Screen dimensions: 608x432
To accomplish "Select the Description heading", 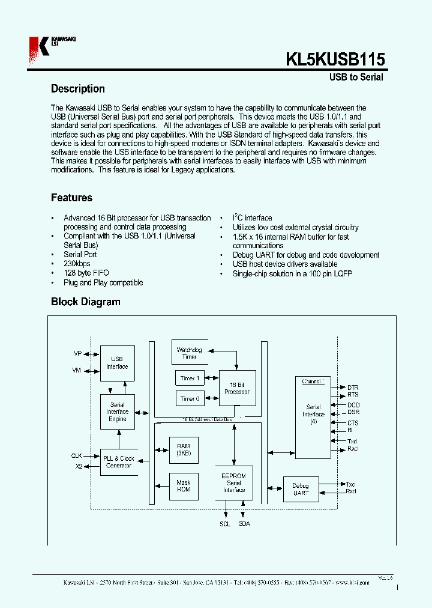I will (x=77, y=89).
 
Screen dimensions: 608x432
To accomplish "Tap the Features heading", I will (x=71, y=198).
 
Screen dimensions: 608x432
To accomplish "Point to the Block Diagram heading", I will (x=85, y=302).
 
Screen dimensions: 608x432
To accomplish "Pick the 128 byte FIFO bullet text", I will (x=86, y=273).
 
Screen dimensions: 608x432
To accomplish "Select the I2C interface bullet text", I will (x=252, y=218).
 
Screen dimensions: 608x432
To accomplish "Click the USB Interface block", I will (x=117, y=363).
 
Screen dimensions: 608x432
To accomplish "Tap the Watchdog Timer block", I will (x=189, y=353).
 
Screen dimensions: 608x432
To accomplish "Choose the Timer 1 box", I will (x=190, y=378).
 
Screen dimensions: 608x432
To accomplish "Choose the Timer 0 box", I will (x=190, y=398).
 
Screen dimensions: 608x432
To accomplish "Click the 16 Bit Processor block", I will (x=236, y=388).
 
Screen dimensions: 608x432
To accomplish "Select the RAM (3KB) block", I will (x=183, y=449).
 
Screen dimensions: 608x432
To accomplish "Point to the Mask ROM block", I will (x=183, y=485).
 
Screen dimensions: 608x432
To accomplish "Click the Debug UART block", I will (x=301, y=489).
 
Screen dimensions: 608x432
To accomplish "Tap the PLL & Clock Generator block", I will (x=118, y=461).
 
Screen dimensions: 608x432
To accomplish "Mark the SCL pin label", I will (x=224, y=524).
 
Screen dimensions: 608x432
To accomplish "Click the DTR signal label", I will (x=353, y=388).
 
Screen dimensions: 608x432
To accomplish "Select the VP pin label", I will (x=77, y=354).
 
